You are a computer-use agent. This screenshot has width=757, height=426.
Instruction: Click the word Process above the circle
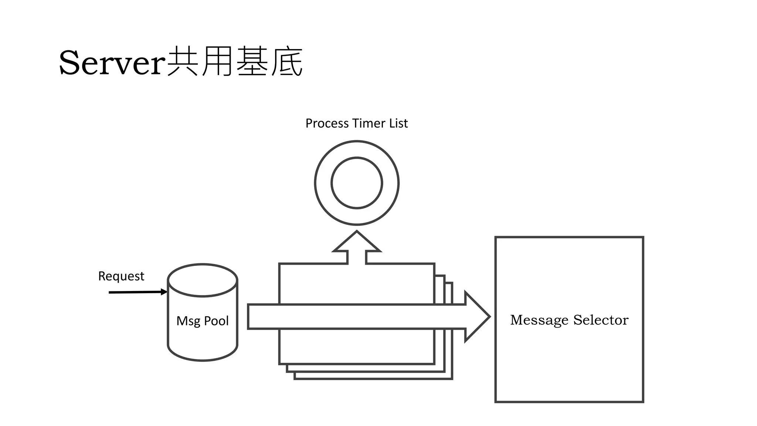coord(327,123)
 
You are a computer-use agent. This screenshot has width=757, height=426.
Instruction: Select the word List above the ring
coord(398,123)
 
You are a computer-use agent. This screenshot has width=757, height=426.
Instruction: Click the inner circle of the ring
coord(357,183)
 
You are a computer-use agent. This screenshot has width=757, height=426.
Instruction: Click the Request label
coord(121,276)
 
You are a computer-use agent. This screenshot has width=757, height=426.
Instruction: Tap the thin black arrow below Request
coord(137,292)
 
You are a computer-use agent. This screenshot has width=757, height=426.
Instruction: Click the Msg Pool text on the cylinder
coord(203,321)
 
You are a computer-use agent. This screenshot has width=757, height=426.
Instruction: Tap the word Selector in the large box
coord(601,320)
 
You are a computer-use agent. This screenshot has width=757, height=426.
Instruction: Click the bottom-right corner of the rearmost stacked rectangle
coord(452,378)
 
